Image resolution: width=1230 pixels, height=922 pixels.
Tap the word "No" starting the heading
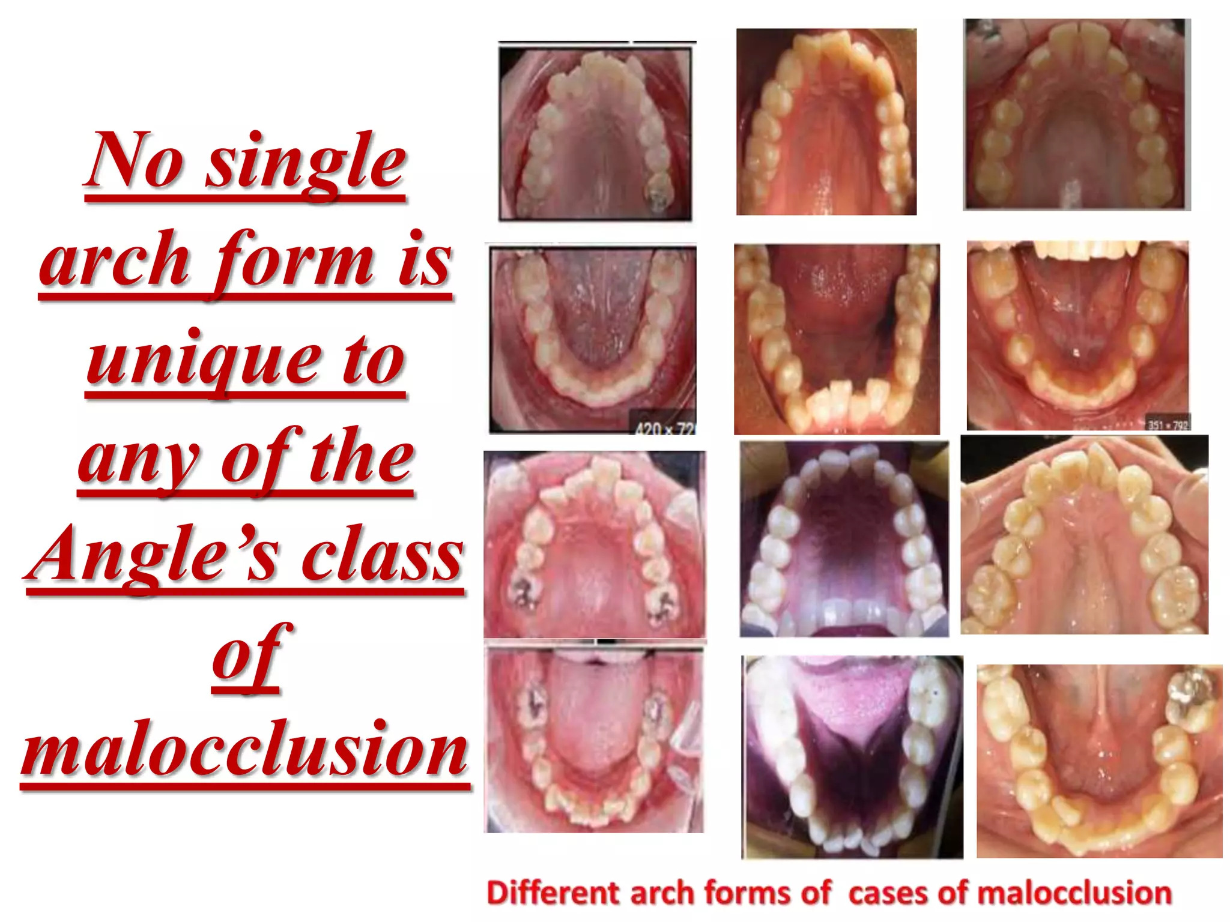[135, 161]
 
